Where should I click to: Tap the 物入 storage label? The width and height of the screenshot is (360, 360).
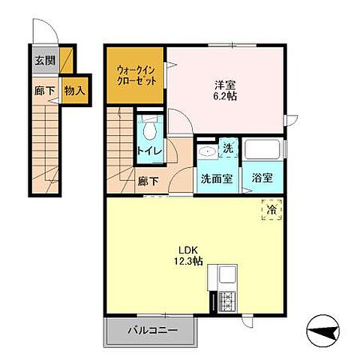pos(74,91)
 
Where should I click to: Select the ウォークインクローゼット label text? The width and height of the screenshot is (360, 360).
pos(136,76)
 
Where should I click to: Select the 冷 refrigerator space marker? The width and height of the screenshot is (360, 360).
pos(271,211)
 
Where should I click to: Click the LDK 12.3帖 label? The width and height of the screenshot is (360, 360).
pos(187,256)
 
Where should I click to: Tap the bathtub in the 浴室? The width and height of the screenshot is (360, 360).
pos(262,148)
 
